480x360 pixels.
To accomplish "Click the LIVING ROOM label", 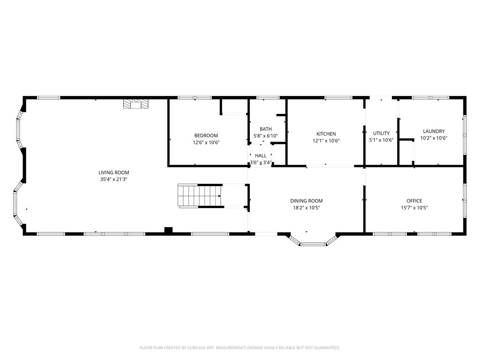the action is tap(113, 172).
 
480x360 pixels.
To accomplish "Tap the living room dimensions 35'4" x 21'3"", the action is tap(113, 180).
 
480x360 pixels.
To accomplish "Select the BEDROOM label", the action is tap(206, 135).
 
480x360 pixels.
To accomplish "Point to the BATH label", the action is tap(265, 129).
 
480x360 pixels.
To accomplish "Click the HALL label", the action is tap(261, 156).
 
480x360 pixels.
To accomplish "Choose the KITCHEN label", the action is tap(326, 134).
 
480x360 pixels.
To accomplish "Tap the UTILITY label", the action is tap(381, 133).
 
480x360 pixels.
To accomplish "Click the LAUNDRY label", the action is tap(434, 131).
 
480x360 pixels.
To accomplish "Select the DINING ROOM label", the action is tap(307, 201).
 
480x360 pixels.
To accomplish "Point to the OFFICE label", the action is tap(414, 201).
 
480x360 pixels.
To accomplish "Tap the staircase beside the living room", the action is tap(200, 196).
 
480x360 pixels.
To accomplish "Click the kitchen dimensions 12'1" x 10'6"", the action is tap(326, 141).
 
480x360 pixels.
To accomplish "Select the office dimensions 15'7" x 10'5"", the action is tap(414, 208).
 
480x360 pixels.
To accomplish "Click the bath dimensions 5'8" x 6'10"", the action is tap(265, 136).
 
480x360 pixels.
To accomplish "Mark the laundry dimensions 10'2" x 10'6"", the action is tap(434, 138).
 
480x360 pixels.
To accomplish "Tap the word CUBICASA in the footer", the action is tap(198, 348).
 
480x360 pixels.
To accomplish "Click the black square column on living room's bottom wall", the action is tap(168, 230).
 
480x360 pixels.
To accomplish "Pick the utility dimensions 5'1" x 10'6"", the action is tap(381, 140).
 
